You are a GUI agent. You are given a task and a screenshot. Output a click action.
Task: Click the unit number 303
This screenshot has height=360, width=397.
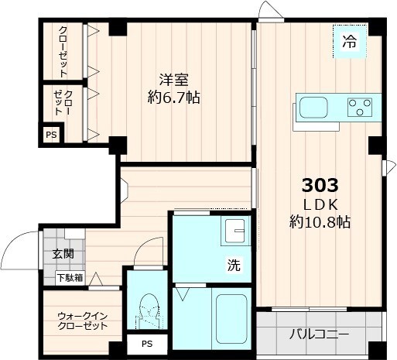(x=320, y=186)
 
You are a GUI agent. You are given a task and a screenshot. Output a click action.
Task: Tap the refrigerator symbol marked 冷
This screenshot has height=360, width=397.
(x=350, y=43)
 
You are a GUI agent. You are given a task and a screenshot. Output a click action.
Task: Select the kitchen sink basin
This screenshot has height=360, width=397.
(x=314, y=107)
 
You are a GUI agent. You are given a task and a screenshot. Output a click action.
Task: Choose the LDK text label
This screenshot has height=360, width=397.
(x=319, y=204)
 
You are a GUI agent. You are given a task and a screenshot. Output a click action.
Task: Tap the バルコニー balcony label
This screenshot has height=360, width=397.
(x=320, y=335)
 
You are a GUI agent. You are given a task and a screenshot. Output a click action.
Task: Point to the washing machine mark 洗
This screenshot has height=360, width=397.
(x=232, y=265)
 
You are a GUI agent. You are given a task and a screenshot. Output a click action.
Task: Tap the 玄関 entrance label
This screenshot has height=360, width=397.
(x=63, y=253)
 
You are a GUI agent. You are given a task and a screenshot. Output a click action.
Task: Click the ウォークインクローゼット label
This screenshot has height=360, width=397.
(x=81, y=321)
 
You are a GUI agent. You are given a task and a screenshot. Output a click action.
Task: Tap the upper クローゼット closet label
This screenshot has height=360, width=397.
(x=63, y=51)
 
